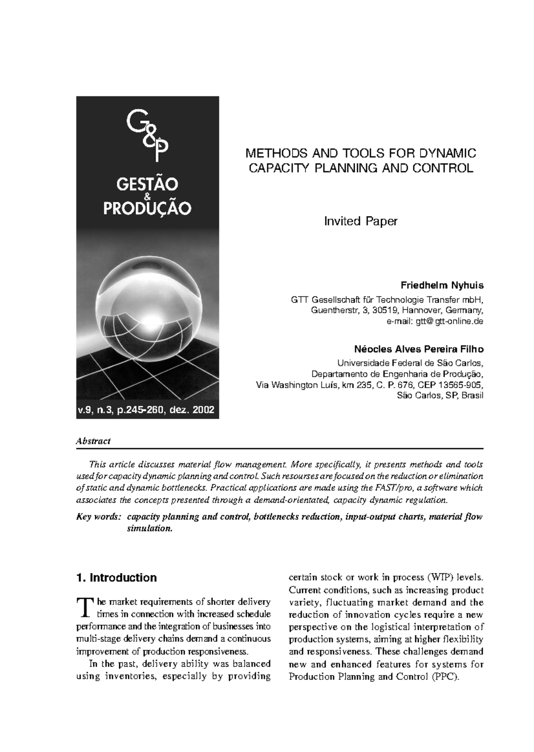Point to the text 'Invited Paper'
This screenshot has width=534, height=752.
pos(360,221)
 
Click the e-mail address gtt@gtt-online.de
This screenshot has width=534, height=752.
pos(449,321)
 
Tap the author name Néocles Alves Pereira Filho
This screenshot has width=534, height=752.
pos(419,349)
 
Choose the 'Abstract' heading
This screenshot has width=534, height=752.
pos(93,441)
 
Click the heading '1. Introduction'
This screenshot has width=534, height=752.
pos(117,578)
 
